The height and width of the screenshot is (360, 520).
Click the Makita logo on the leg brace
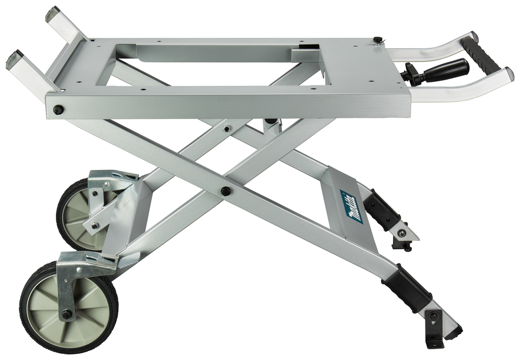pyautogui.click(x=352, y=207)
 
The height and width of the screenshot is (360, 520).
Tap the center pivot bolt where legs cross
pyautogui.click(x=225, y=191)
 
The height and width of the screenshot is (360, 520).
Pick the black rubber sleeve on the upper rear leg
pyautogui.click(x=381, y=208)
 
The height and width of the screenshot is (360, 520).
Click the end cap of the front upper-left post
pyautogui.click(x=14, y=60)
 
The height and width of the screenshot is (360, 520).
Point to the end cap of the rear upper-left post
pyautogui.click(x=52, y=14)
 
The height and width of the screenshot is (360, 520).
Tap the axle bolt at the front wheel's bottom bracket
pyautogui.click(x=67, y=314)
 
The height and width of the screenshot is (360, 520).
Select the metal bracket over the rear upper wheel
pyautogui.click(x=112, y=178)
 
